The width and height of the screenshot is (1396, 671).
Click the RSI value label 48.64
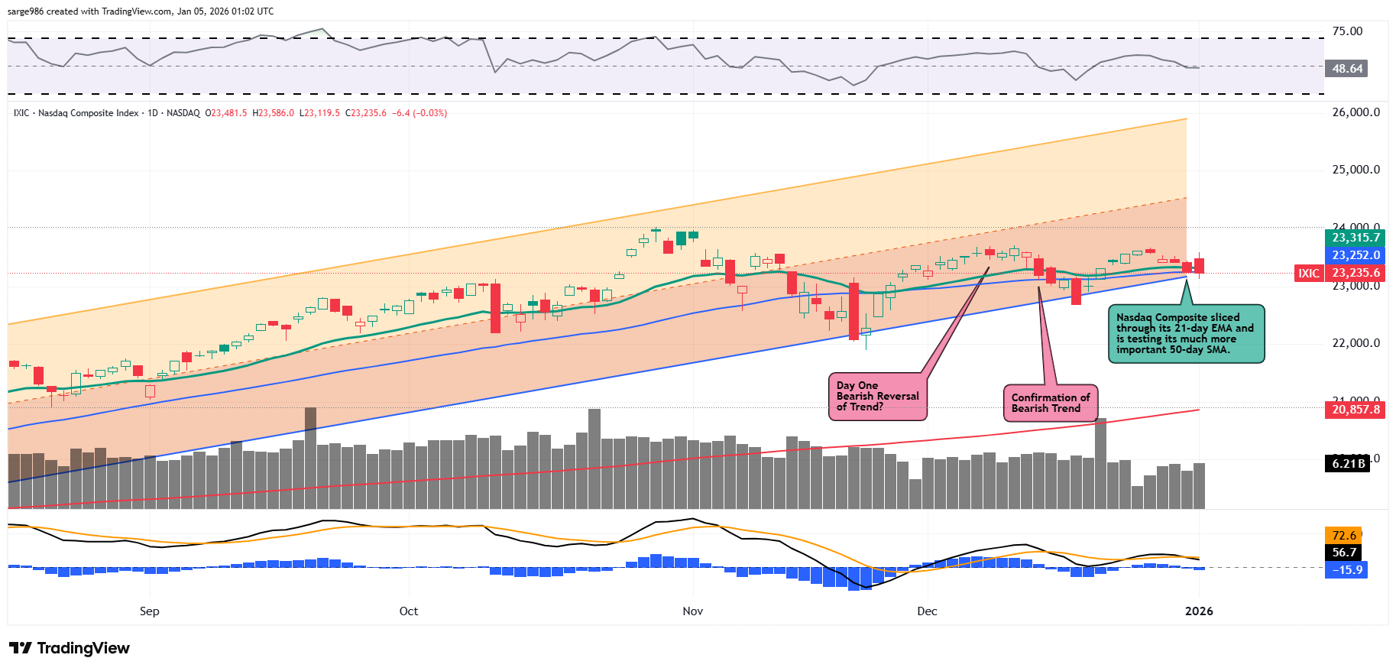point(1346,69)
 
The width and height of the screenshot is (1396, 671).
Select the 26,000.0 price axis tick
point(1356,112)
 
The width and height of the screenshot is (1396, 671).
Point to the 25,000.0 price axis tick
point(1356,170)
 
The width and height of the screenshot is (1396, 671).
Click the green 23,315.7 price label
point(1356,238)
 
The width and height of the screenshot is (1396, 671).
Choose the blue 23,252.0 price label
point(1356,255)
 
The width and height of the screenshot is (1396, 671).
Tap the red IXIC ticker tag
point(1309,273)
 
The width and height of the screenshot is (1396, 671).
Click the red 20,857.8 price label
point(1356,410)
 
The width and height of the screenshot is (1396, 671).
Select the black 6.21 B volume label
point(1348,464)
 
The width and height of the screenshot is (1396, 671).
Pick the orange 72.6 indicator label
point(1343,536)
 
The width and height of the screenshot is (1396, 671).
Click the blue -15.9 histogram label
point(1346,570)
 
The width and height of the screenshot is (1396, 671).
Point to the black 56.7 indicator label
point(1343,553)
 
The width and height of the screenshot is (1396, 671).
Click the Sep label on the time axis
point(150,611)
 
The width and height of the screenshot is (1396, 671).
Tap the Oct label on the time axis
point(409,611)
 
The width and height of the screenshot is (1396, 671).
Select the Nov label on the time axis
point(693,611)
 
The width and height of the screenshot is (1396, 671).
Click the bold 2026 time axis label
point(1198,611)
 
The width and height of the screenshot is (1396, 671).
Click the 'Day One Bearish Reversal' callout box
point(877,397)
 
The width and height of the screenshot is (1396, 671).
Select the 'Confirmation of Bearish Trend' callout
point(1050,403)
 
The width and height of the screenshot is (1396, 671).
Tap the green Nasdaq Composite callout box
point(1185,334)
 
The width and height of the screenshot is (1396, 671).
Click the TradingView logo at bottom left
point(70,648)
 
